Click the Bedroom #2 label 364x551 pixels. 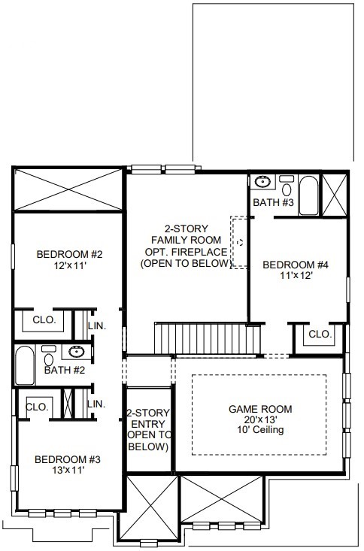(69, 254)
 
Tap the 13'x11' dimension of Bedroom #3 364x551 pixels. (68, 470)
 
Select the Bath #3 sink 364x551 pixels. (262, 182)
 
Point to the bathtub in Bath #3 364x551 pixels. (308, 195)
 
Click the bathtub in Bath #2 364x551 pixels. (25, 365)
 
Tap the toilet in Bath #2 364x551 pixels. (49, 356)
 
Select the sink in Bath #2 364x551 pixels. (76, 352)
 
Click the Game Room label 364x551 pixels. (260, 409)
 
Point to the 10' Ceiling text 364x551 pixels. (260, 429)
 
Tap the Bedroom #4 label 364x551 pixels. (296, 265)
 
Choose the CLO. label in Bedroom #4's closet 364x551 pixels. (320, 335)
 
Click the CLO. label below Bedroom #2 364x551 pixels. (44, 319)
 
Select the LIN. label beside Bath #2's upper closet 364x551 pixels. (97, 325)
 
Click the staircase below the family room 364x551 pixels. (208, 338)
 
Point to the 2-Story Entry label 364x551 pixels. (148, 429)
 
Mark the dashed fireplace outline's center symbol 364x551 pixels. (241, 243)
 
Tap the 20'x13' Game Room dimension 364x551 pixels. (260, 419)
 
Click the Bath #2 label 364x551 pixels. (65, 370)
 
